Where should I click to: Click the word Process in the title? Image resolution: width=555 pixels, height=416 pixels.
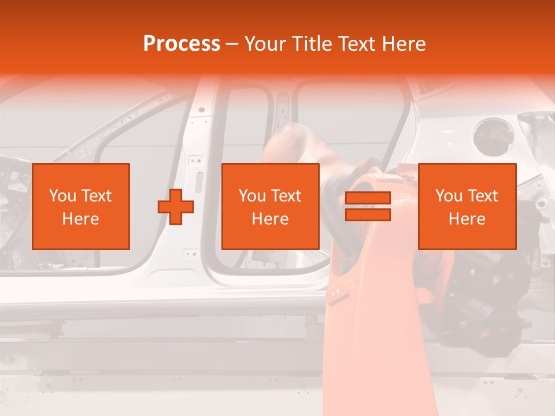pyautogui.click(x=182, y=44)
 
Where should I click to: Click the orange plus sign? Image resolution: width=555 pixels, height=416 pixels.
pyautogui.click(x=176, y=207)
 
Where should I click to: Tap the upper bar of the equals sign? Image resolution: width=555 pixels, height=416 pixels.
pyautogui.click(x=368, y=198)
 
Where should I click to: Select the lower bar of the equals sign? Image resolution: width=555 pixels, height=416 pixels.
pyautogui.click(x=368, y=215)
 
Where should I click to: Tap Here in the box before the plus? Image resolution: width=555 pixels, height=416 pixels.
pyautogui.click(x=80, y=219)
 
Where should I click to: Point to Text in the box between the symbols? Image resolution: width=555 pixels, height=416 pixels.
pyautogui.click(x=286, y=196)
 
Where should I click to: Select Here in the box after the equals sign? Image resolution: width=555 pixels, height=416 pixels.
pyautogui.click(x=467, y=219)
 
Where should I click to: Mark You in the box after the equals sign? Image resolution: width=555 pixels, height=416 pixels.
pyautogui.click(x=448, y=196)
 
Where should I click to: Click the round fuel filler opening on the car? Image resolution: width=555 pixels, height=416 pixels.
pyautogui.click(x=493, y=136)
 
